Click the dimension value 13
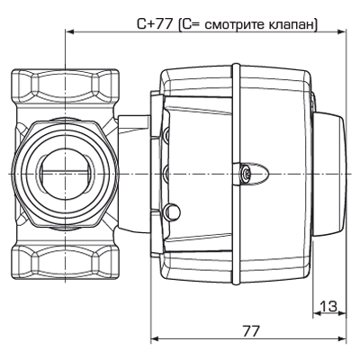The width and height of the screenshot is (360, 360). tap(328, 307)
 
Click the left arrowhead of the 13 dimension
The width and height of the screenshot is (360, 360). tap(316, 316)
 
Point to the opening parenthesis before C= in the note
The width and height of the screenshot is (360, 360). tap(180, 24)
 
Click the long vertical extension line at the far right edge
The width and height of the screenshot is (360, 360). tap(347, 180)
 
